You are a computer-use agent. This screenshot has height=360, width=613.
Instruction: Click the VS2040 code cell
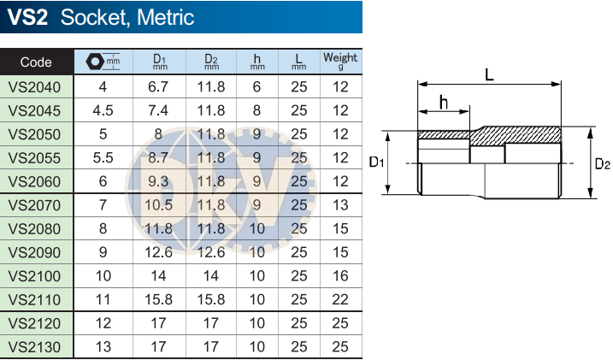[34, 86]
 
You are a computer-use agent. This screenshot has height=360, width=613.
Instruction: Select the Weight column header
[340, 61]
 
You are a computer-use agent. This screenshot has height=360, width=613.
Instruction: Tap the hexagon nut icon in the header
[95, 62]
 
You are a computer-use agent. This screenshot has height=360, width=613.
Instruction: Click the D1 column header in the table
[160, 62]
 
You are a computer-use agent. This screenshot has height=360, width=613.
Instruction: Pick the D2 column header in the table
[211, 62]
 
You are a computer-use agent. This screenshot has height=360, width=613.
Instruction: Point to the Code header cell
[36, 62]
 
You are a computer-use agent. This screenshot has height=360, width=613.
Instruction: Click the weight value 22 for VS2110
[340, 300]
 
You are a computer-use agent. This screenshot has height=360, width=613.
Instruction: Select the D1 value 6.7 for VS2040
[158, 86]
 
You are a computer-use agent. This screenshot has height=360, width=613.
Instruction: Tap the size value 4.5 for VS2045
[103, 110]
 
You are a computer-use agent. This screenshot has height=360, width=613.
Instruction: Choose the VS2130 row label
[34, 347]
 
